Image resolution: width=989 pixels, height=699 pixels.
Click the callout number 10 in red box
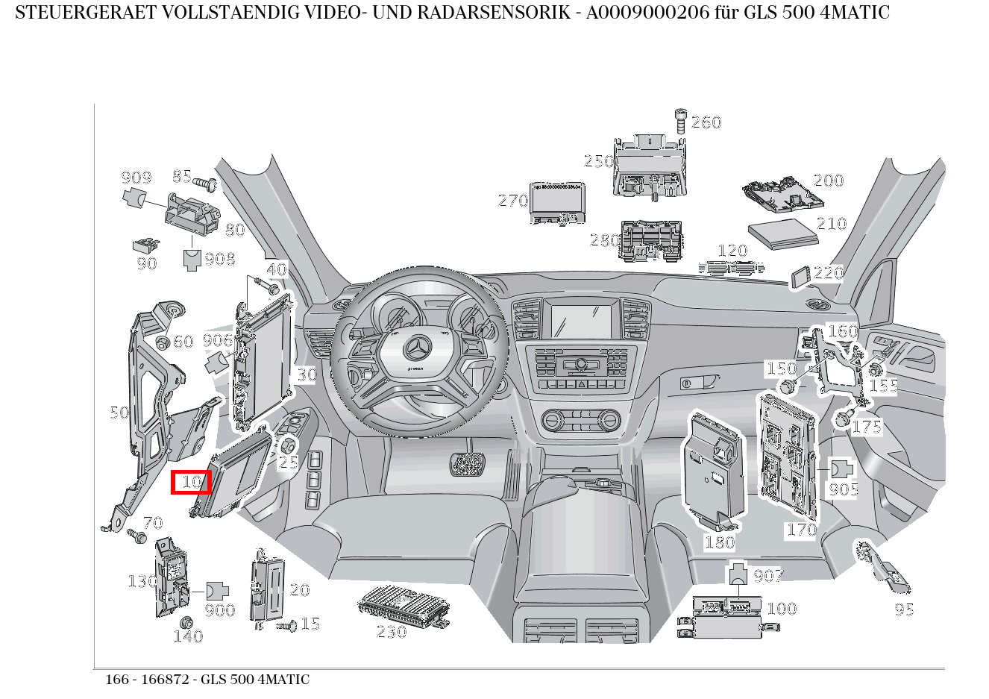pos(192,482)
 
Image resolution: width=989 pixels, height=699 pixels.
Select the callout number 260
pos(706,122)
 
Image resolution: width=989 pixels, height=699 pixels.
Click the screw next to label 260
pos(679,119)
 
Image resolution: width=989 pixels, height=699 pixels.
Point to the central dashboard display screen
pos(581,319)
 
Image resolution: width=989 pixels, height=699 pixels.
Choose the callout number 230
pos(391,632)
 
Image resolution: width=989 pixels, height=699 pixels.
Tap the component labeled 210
pos(781,233)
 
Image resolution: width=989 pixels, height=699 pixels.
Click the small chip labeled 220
pos(800,276)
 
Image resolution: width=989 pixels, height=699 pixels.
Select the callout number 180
pos(720,542)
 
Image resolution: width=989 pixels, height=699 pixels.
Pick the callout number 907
pos(768,575)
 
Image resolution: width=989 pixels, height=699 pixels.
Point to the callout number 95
pos(904,609)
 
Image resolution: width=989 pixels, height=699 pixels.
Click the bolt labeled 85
pos(204,181)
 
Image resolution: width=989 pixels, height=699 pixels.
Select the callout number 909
pos(136,177)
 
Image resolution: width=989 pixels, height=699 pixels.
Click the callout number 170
pos(801,530)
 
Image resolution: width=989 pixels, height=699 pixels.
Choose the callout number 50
pos(119,413)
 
